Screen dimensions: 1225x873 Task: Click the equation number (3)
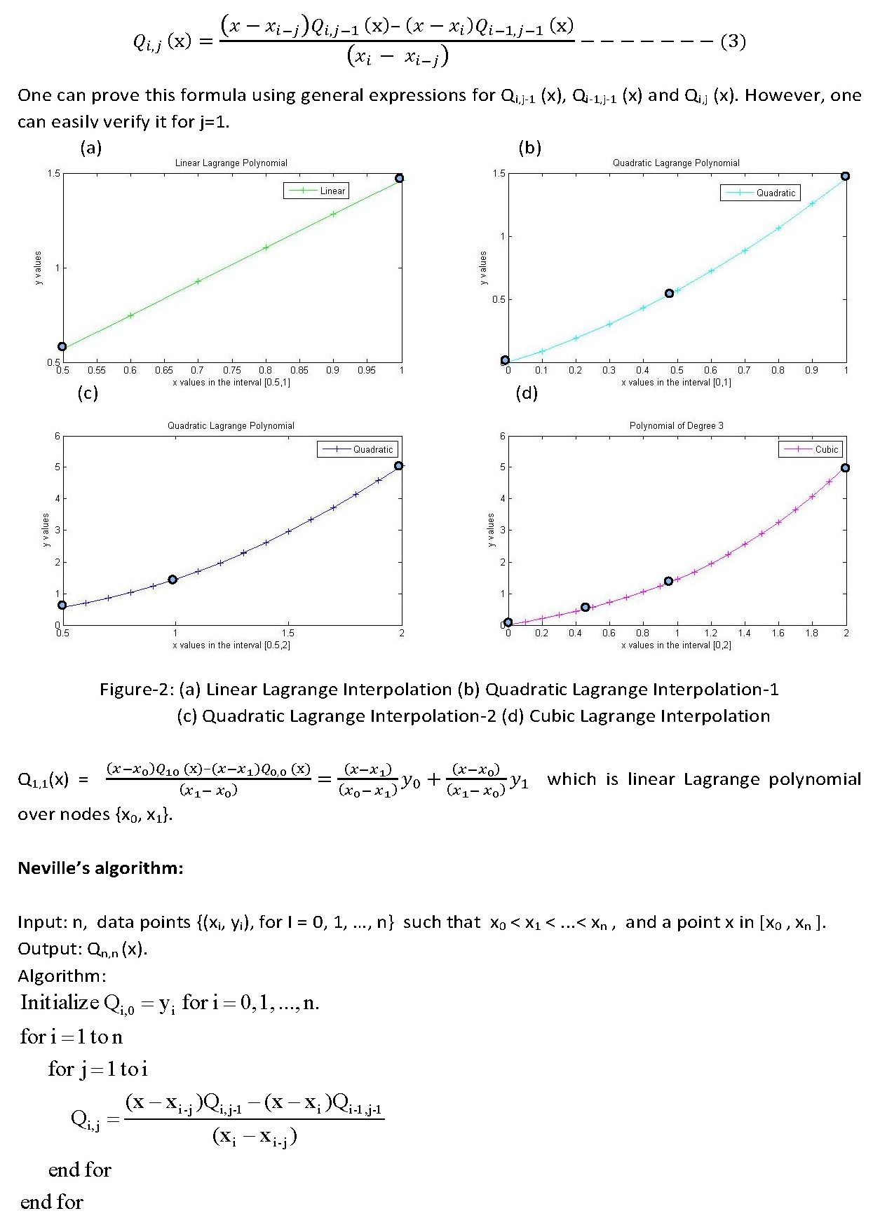point(733,41)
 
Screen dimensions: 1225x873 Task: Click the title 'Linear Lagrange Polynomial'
point(231,163)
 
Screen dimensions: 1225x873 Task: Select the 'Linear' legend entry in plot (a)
point(316,191)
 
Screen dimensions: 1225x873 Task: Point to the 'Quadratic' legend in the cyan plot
point(760,193)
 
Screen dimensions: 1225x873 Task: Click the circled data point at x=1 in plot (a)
point(400,178)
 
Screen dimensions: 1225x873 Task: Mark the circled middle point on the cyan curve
point(669,294)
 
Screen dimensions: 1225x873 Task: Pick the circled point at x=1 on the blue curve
point(172,580)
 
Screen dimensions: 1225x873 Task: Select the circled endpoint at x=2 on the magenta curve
point(845,467)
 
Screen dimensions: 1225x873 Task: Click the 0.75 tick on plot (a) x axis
point(231,370)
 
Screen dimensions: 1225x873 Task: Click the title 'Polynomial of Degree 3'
point(676,425)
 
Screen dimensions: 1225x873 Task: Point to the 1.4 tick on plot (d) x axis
point(744,633)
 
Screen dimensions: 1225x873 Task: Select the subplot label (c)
point(88,393)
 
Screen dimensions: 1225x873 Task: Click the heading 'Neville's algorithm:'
point(100,868)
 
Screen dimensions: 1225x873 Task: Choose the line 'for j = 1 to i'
point(97,1069)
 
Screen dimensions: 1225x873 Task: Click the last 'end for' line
point(51,1202)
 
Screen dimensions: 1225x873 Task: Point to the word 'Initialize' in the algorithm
point(60,1002)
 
